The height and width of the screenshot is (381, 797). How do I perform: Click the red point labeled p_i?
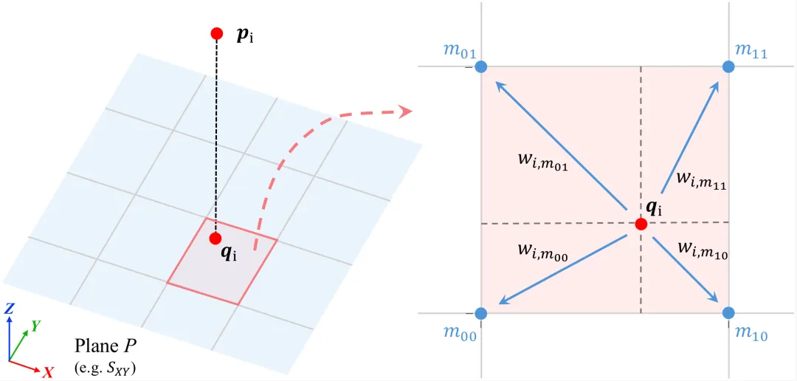point(216,33)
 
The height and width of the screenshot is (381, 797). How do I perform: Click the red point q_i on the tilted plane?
point(216,238)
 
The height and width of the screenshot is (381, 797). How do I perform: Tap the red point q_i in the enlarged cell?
point(641,223)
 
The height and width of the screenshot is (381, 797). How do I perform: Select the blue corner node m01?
point(481,66)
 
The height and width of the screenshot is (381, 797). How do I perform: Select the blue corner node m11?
point(728,66)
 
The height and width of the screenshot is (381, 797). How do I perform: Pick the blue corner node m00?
point(481,312)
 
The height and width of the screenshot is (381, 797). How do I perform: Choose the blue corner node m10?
point(728,312)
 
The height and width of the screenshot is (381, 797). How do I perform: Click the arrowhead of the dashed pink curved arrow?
point(406,111)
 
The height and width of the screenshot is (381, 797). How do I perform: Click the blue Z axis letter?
point(9,307)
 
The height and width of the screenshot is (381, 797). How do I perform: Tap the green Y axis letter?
point(35,326)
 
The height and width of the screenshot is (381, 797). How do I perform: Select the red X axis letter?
point(48,373)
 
